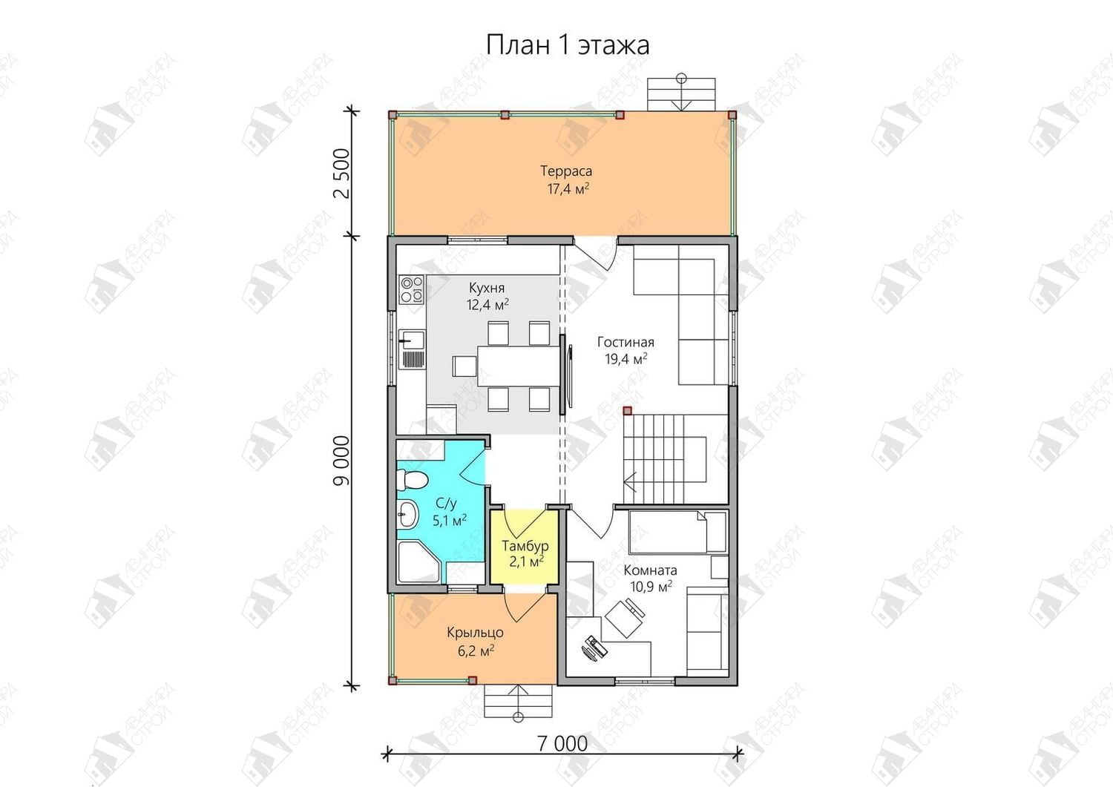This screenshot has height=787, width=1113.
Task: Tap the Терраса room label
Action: (x=566, y=171)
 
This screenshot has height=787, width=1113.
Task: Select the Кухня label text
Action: (x=487, y=288)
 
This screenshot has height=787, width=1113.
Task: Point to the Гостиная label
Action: (x=626, y=342)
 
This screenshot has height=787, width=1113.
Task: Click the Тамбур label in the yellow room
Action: (x=525, y=546)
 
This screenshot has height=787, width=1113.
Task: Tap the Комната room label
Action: (x=650, y=570)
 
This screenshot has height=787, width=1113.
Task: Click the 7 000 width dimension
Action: (x=562, y=744)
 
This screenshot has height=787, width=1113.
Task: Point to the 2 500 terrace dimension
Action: (x=342, y=174)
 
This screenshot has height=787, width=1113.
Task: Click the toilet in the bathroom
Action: (x=412, y=479)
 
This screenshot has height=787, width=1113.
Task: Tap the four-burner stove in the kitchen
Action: (x=411, y=290)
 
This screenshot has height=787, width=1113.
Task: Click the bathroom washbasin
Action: (x=408, y=514)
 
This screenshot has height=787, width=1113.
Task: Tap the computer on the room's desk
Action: (x=594, y=648)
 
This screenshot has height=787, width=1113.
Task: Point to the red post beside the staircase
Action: (x=627, y=410)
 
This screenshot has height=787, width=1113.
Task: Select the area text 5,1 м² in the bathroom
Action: (x=449, y=520)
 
